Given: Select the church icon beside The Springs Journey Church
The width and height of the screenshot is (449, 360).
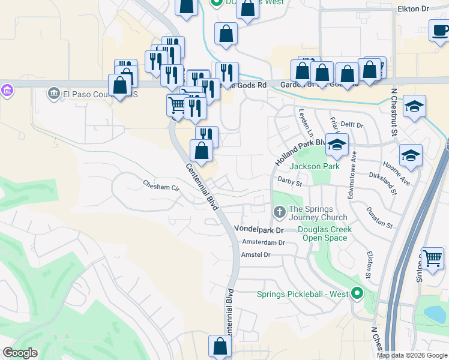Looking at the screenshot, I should (x=279, y=212).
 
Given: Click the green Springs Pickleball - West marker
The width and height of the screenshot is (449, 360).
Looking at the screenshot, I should (x=358, y=293).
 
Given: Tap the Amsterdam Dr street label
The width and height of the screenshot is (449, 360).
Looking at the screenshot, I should (x=263, y=242).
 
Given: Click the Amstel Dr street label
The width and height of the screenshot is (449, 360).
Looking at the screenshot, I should (x=256, y=255).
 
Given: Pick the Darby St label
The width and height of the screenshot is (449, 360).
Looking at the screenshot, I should (x=289, y=179).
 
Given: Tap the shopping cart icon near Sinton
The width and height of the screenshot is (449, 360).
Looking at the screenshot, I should (x=432, y=259).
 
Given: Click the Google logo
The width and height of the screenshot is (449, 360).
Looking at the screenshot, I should (x=20, y=353).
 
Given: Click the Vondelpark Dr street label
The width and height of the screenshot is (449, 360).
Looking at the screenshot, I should (x=258, y=230).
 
